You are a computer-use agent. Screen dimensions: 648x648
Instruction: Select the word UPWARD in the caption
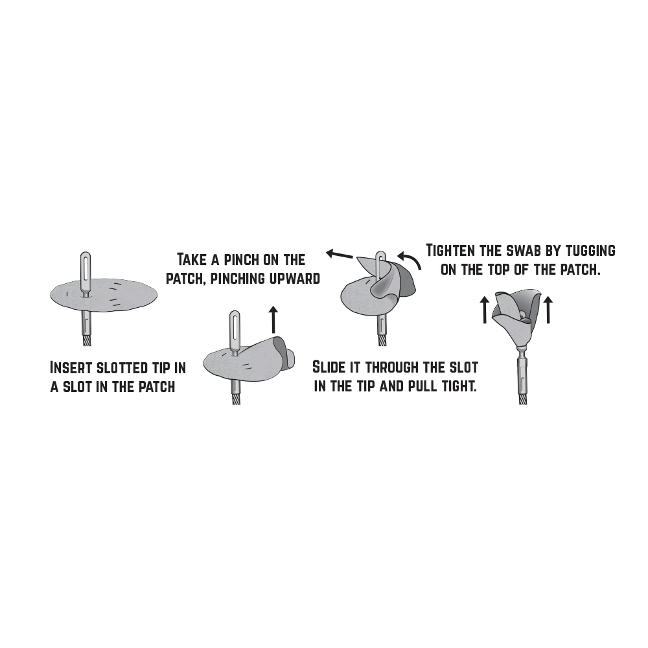pyautogui.click(x=294, y=278)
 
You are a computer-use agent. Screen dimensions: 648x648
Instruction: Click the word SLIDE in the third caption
pyautogui.click(x=328, y=367)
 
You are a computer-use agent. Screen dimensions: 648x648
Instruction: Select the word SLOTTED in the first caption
pyautogui.click(x=122, y=367)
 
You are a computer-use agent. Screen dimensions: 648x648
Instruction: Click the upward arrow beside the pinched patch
pyautogui.click(x=273, y=319)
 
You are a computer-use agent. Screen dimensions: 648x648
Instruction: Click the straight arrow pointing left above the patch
pyautogui.click(x=340, y=253)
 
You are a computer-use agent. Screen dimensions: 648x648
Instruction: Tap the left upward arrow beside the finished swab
pyautogui.click(x=485, y=309)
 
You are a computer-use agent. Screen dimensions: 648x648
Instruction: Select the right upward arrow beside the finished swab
pyautogui.click(x=548, y=309)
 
